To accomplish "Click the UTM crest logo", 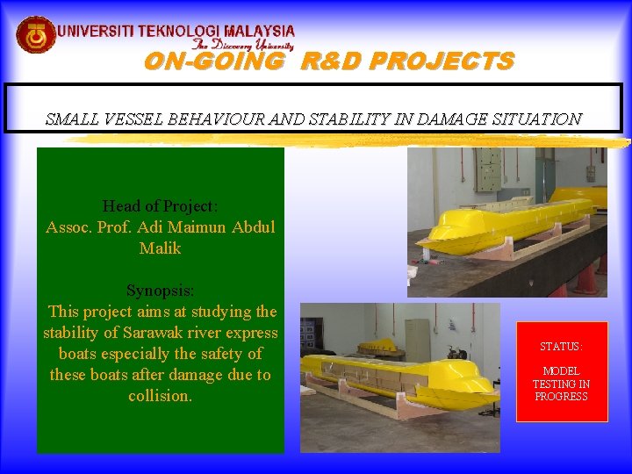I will tap(36, 35).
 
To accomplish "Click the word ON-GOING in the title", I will tap(213, 61).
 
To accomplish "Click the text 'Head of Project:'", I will tap(160, 206).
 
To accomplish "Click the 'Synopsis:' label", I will tap(160, 291).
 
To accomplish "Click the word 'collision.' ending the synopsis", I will tap(160, 396).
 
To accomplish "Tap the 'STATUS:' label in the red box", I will tap(561, 347).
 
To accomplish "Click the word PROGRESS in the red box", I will tap(561, 397).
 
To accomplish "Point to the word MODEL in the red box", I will tap(561, 371).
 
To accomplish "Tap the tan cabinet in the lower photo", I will tap(417, 339).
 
